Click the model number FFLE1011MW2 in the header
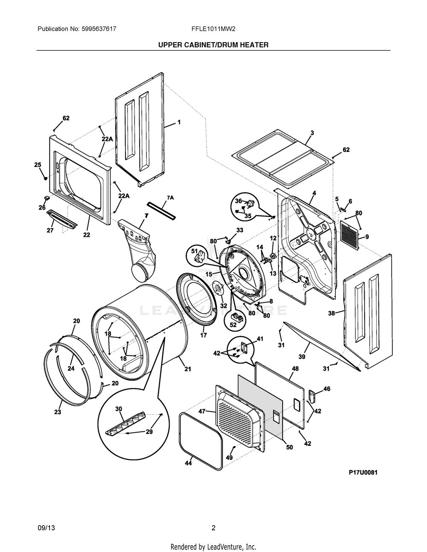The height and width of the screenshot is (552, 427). [213, 29]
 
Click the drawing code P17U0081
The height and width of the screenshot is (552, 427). [363, 472]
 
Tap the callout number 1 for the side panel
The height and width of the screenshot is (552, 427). [179, 122]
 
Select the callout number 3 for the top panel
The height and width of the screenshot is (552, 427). [312, 133]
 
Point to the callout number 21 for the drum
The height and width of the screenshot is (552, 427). [187, 369]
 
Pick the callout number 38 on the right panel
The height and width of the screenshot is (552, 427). [331, 313]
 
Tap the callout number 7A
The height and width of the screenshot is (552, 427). [170, 198]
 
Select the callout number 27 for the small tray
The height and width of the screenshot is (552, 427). [50, 230]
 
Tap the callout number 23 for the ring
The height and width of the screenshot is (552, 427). [57, 412]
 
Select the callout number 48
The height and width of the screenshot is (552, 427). [295, 368]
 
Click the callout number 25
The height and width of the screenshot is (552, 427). [38, 165]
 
